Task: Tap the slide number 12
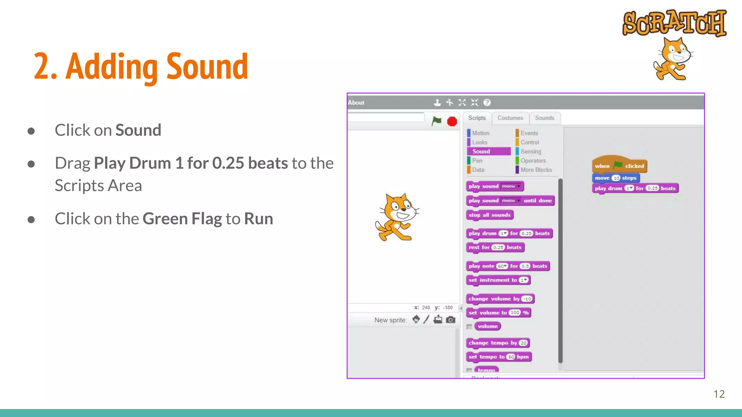tap(719, 394)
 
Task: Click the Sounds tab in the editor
tap(544, 118)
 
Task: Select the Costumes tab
tap(510, 118)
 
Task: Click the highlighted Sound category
tap(488, 151)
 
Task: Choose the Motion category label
tap(480, 133)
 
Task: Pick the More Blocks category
tap(536, 170)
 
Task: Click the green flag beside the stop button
tap(437, 121)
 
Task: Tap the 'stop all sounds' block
tap(489, 215)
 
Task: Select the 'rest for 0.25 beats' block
tap(495, 247)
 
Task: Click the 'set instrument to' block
tap(498, 280)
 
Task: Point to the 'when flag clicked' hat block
tap(619, 166)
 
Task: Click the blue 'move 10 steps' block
tap(615, 178)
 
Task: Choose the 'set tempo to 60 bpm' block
tap(499, 357)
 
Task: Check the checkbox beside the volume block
tap(469, 327)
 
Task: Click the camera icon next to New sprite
tap(450, 320)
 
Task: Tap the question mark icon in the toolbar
tap(487, 103)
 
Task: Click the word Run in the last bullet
tap(258, 219)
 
